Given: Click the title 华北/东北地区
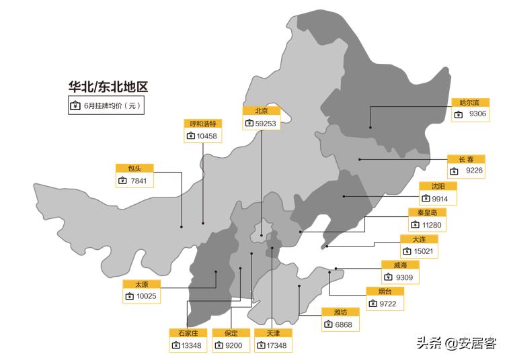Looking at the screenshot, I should coord(108,87).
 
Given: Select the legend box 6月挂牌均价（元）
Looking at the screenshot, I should coord(106,105).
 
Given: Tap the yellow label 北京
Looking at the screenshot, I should coord(261,111).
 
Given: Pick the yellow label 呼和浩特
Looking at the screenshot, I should coord(202,124).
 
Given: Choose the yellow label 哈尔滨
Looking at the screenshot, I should coord(469,102).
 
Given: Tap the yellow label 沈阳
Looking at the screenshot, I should coord(438,187).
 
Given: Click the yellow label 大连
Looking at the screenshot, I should coord(419,239).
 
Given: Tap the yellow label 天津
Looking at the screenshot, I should coord(272,333).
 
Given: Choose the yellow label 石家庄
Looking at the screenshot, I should coord(188,333).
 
